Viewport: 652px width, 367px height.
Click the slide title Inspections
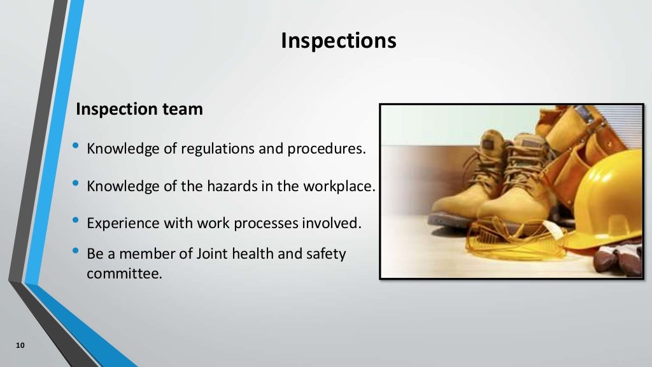click(x=338, y=41)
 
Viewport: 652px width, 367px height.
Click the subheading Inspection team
click(x=139, y=109)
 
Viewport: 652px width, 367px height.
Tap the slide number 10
click(x=20, y=346)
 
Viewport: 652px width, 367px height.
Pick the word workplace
click(x=341, y=187)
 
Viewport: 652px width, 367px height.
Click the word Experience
click(x=118, y=224)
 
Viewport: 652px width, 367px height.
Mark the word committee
click(x=122, y=275)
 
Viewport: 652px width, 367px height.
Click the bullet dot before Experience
click(x=76, y=221)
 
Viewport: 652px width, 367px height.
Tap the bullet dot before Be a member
click(x=76, y=251)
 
